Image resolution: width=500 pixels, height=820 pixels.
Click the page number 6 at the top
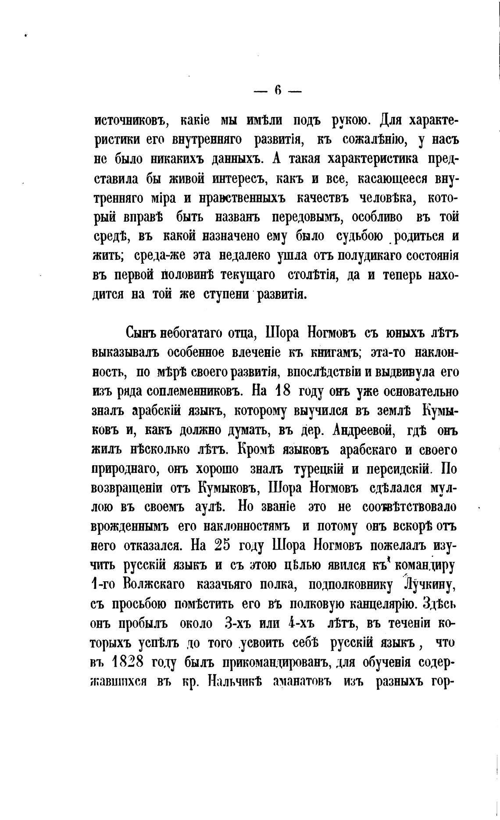(278, 91)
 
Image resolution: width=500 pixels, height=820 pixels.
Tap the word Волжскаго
(154, 585)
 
